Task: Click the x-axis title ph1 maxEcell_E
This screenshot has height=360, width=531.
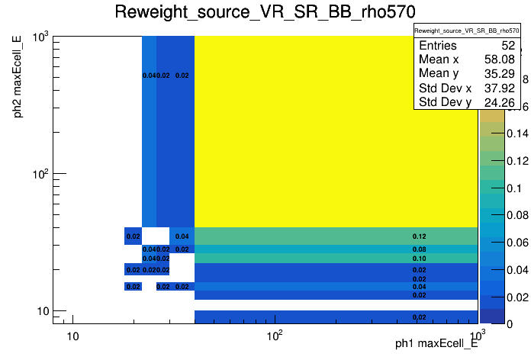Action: [x=436, y=344]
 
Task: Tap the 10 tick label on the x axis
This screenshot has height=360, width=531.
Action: [x=72, y=336]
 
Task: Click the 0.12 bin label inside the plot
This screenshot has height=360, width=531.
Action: [x=419, y=236]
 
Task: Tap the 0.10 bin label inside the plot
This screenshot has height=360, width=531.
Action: [x=419, y=259]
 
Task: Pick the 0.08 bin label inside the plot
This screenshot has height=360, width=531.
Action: [x=419, y=249]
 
